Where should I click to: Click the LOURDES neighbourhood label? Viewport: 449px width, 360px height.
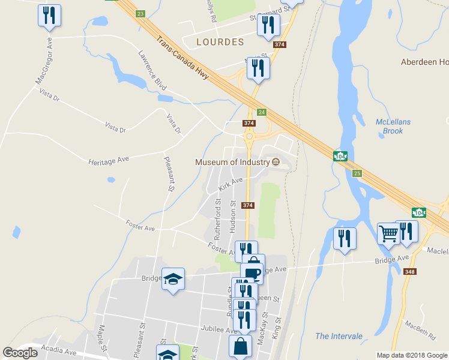pyautogui.click(x=220, y=42)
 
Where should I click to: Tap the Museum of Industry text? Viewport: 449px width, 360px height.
pyautogui.click(x=232, y=162)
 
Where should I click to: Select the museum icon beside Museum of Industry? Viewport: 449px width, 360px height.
pyautogui.click(x=276, y=162)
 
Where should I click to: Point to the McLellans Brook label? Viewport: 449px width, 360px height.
pyautogui.click(x=393, y=126)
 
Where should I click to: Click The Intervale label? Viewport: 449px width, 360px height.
pyautogui.click(x=339, y=336)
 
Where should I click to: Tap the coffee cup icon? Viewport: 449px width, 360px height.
pyautogui.click(x=252, y=273)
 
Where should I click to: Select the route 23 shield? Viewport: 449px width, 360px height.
pyautogui.click(x=140, y=13)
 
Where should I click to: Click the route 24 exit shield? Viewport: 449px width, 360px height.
pyautogui.click(x=262, y=112)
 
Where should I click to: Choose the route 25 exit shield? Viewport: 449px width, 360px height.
pyautogui.click(x=358, y=173)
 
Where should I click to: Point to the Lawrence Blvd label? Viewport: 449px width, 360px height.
pyautogui.click(x=151, y=70)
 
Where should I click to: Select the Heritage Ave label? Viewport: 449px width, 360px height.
pyautogui.click(x=109, y=161)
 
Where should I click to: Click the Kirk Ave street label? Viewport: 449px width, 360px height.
pyautogui.click(x=231, y=184)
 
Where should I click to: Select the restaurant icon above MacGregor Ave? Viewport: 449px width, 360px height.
pyautogui.click(x=49, y=15)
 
